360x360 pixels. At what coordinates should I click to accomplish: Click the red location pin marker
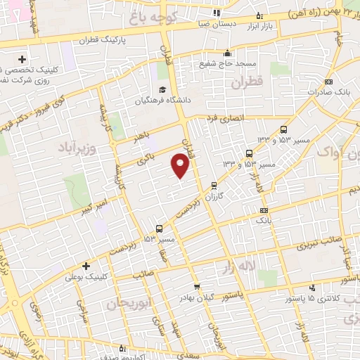[181, 165]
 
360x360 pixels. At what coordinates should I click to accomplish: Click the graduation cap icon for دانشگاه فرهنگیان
[162, 90]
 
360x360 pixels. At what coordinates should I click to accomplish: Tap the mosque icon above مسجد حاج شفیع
[226, 53]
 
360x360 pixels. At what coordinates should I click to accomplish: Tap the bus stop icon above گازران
[214, 186]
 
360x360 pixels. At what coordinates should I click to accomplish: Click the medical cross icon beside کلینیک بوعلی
[86, 266]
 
